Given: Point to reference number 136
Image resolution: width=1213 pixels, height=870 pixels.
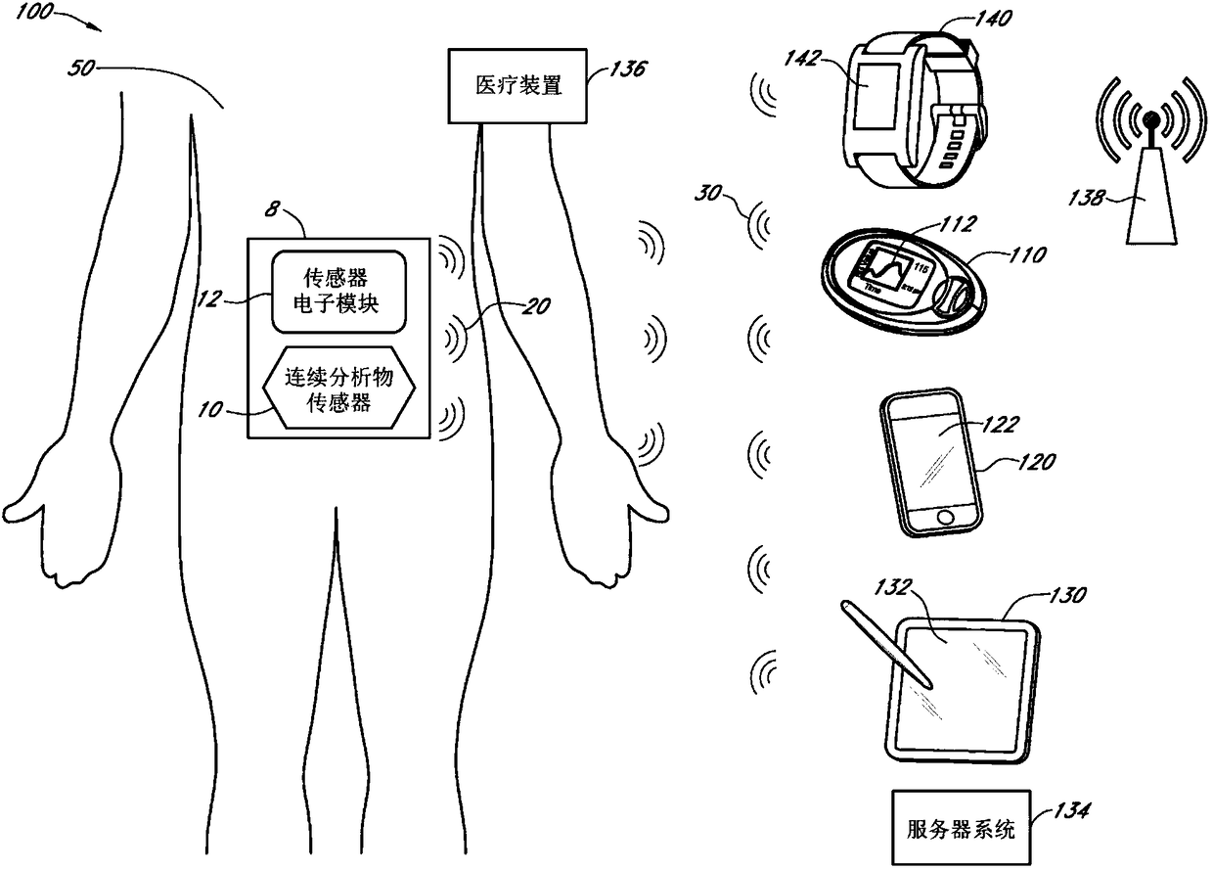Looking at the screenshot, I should click(628, 70).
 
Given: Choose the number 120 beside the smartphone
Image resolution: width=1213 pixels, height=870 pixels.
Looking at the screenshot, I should click(1036, 460).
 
